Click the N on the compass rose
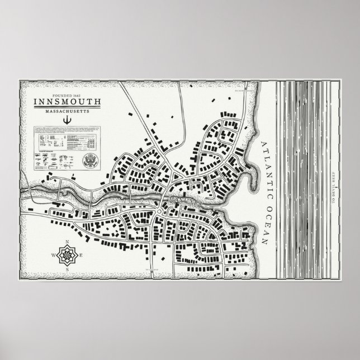[x=66, y=243]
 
